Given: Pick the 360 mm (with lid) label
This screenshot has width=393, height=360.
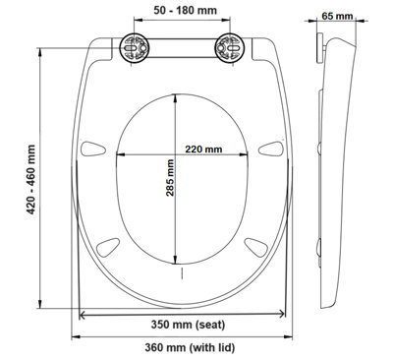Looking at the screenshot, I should [x=187, y=347].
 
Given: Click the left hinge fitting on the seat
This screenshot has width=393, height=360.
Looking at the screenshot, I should [x=135, y=47].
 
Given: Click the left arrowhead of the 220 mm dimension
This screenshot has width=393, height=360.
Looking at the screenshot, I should [x=120, y=155].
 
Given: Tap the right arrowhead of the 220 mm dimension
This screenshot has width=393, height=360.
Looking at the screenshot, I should [x=250, y=155].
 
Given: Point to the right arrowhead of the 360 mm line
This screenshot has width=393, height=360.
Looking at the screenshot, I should [x=292, y=334].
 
